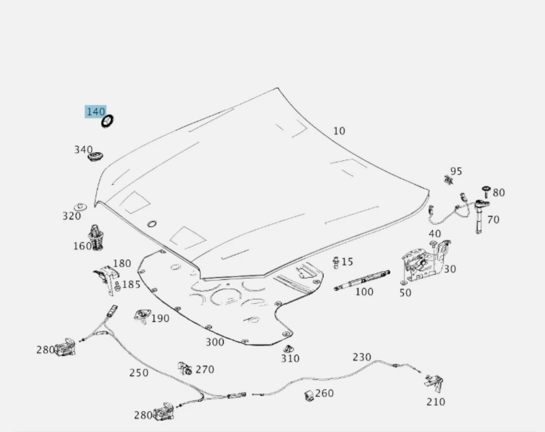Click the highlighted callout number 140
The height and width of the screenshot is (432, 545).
click(96, 111)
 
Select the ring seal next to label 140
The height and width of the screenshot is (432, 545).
click(108, 121)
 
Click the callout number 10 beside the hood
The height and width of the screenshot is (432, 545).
click(339, 131)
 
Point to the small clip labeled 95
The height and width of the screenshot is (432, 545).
click(448, 179)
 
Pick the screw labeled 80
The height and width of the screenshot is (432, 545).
click(486, 191)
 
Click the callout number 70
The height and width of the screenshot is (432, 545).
click(493, 220)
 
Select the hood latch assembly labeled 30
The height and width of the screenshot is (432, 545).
click(423, 262)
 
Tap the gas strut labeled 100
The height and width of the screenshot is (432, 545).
click(363, 280)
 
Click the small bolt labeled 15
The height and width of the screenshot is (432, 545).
click(336, 262)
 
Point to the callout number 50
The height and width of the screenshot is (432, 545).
click(405, 293)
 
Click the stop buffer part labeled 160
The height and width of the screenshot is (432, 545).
click(97, 237)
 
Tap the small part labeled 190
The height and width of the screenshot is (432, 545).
click(142, 316)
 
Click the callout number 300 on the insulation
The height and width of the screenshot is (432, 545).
click(214, 342)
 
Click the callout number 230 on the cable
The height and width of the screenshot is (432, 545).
click(362, 357)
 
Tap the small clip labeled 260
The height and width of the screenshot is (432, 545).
click(308, 396)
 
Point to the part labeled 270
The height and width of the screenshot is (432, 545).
click(185, 369)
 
